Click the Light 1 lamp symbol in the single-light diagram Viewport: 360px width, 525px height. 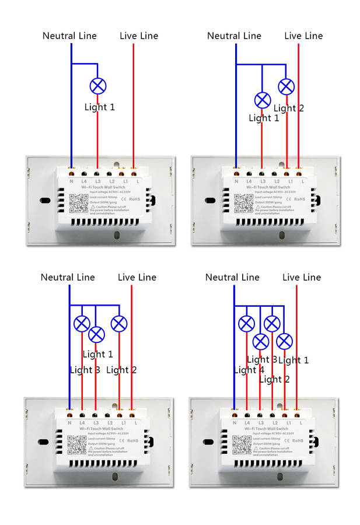97,86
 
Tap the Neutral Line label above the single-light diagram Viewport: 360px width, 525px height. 69,36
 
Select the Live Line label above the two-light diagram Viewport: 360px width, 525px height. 303,36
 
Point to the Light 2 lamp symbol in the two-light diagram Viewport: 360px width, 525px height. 286,87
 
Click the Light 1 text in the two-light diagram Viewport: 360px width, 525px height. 264,118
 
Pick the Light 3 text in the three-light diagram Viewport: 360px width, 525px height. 85,370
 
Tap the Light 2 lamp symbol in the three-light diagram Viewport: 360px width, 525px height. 119,323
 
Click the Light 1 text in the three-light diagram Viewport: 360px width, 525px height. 97,354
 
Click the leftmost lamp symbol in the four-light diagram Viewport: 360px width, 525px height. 247,323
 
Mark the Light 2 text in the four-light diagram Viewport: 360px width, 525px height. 274,379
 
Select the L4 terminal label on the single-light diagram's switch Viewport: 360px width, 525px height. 85,181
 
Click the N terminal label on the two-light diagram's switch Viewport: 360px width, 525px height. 236,181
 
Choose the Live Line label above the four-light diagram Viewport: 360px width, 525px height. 302,278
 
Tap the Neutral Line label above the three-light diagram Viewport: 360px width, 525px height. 68,278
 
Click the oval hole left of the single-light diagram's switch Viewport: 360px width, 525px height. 44,201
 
